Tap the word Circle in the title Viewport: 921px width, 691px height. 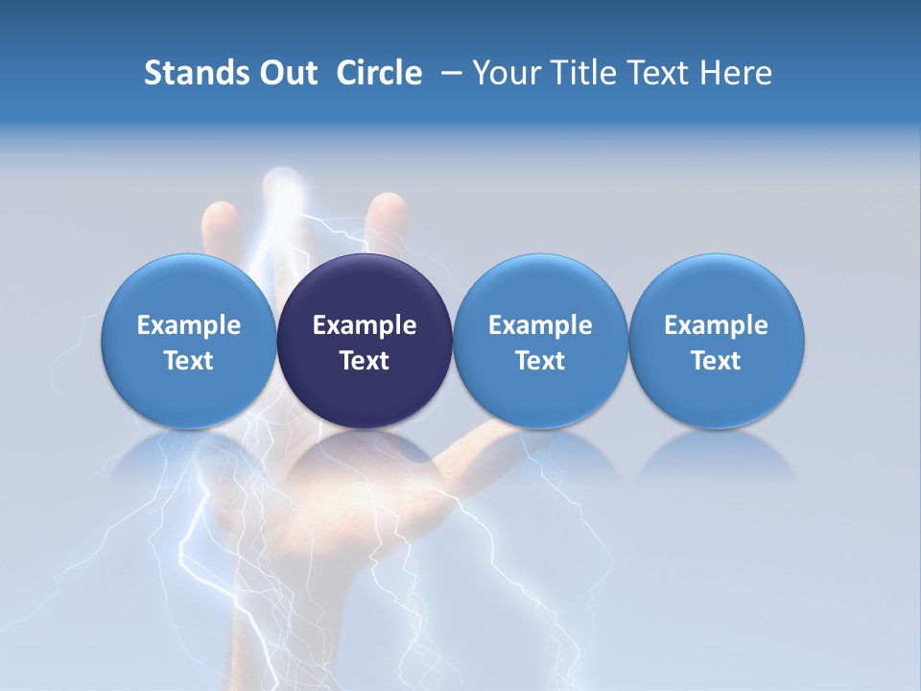pos(379,73)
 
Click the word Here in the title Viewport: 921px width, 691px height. pos(735,73)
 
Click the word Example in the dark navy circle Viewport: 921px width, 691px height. pos(365,325)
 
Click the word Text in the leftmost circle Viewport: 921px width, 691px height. pos(189,361)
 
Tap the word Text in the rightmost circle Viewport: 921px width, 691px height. pos(716,361)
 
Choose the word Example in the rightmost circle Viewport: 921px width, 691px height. pos(716,325)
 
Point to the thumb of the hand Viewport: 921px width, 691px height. pos(499,438)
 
